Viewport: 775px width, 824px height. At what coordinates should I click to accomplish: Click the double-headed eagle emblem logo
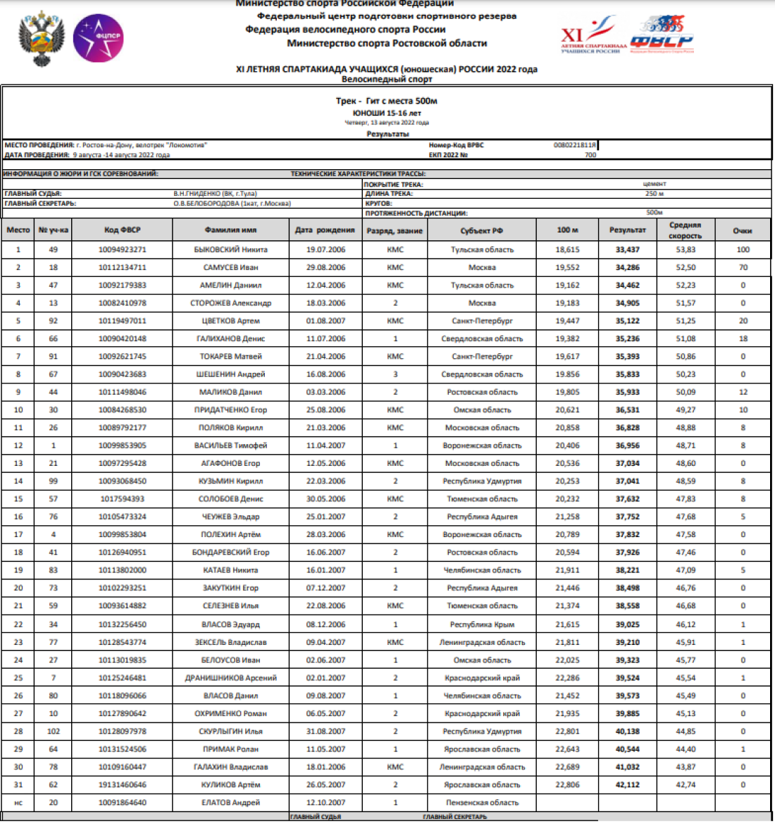(x=42, y=39)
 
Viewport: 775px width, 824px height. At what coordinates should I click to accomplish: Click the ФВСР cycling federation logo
(x=662, y=36)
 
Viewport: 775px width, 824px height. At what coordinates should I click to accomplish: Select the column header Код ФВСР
(x=122, y=230)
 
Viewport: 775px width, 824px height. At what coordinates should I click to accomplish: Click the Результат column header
(x=627, y=230)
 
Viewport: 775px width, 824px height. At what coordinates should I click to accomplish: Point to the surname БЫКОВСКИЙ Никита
(x=230, y=250)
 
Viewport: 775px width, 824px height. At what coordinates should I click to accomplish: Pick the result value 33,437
(x=627, y=250)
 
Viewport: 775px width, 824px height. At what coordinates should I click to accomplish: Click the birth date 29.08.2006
(x=325, y=267)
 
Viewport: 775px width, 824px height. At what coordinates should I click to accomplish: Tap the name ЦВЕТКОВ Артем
(x=230, y=321)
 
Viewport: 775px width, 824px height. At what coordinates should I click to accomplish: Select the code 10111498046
(x=122, y=392)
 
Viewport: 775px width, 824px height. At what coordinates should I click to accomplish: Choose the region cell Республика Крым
(x=482, y=625)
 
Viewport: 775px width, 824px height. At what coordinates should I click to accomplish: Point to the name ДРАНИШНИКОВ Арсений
(x=230, y=678)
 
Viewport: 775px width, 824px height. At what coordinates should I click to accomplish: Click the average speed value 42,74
(x=686, y=785)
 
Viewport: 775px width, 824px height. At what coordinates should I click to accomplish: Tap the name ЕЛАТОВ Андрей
(x=230, y=802)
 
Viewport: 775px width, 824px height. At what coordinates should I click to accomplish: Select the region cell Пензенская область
(x=482, y=802)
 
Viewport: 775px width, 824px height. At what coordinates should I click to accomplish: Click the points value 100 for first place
(x=743, y=250)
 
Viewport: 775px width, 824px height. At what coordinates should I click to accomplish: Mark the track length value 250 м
(x=654, y=193)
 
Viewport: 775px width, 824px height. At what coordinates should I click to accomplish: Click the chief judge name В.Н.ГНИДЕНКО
(x=215, y=193)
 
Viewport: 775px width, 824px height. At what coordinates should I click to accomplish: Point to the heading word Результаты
(x=387, y=134)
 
